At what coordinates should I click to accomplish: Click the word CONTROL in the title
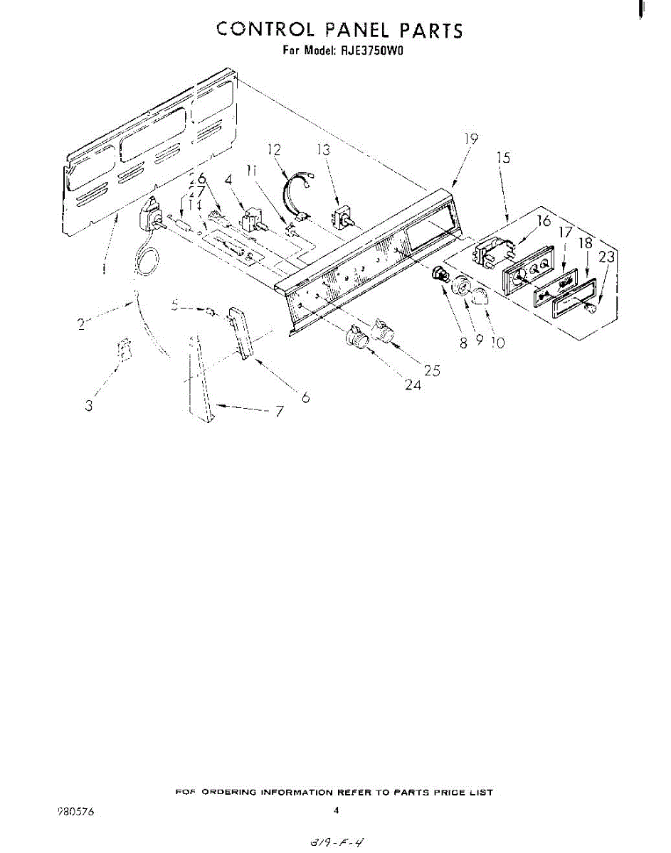click(x=265, y=30)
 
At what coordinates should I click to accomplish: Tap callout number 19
click(x=470, y=139)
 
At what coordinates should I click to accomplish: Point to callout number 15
click(x=503, y=158)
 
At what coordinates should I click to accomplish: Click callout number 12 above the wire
click(x=274, y=149)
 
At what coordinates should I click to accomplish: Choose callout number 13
click(x=324, y=149)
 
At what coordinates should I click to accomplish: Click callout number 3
click(x=89, y=406)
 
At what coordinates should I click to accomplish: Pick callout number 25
click(x=431, y=370)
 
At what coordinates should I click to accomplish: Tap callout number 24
click(x=413, y=385)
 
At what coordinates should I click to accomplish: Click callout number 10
click(x=497, y=343)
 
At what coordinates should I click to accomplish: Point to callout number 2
click(x=83, y=326)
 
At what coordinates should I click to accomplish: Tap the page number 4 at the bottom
click(x=335, y=810)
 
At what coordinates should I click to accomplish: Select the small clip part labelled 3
click(x=125, y=350)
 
